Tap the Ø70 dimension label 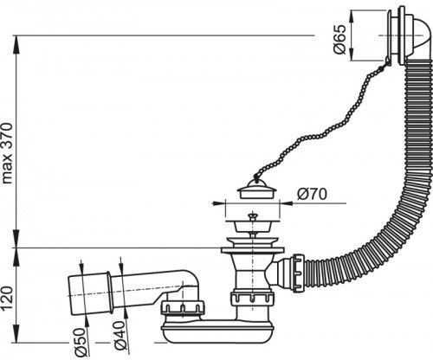click(312, 194)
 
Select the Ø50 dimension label click(80, 344)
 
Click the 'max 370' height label click(7, 153)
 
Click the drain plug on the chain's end click(257, 189)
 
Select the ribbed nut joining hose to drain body click(298, 273)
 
